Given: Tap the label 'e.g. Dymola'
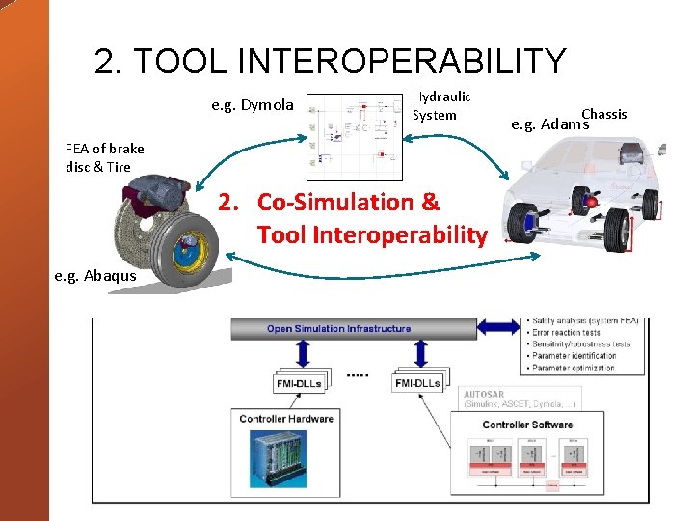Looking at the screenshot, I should [253, 105].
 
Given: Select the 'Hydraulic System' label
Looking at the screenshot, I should [441, 106].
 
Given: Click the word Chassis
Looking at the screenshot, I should [603, 114].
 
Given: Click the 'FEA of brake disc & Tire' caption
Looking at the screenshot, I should [104, 157].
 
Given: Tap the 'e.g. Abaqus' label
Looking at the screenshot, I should [95, 276].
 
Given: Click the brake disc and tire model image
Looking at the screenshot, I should [173, 233].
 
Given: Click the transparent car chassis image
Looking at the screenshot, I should [584, 199].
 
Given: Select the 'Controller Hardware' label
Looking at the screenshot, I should [286, 418].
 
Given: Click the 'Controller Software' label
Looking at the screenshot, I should [527, 425].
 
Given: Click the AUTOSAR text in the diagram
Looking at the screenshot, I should [484, 394].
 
